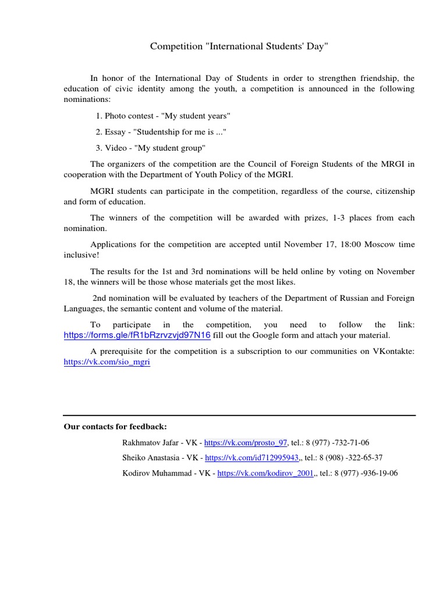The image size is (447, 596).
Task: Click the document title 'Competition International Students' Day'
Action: click(239, 46)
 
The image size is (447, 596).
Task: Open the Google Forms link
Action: click(137, 336)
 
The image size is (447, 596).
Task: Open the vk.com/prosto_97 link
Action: click(246, 442)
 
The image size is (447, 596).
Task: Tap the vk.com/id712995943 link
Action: click(252, 458)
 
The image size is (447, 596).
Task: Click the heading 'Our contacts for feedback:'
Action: click(115, 427)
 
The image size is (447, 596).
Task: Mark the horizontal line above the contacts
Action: click(239, 416)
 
